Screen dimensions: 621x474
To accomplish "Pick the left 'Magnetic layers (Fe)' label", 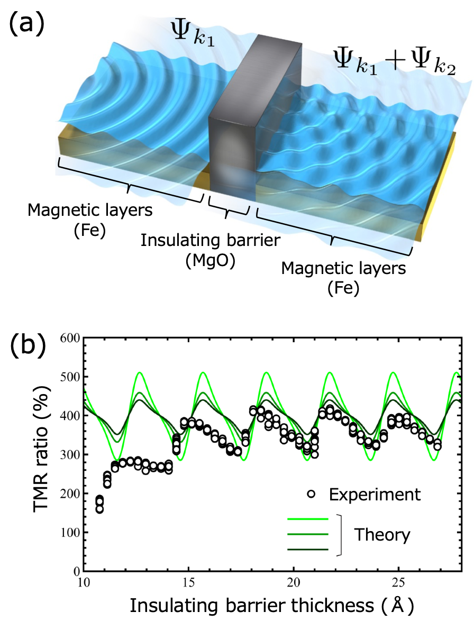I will point(90,218).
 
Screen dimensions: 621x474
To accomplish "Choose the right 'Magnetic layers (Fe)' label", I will point(344,278).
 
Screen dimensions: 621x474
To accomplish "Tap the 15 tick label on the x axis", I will point(188,581).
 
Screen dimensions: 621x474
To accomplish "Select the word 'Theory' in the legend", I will point(382,534).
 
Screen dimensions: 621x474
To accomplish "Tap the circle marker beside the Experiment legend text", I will point(312,494).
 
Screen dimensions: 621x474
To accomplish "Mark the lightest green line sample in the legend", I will point(308,519).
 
